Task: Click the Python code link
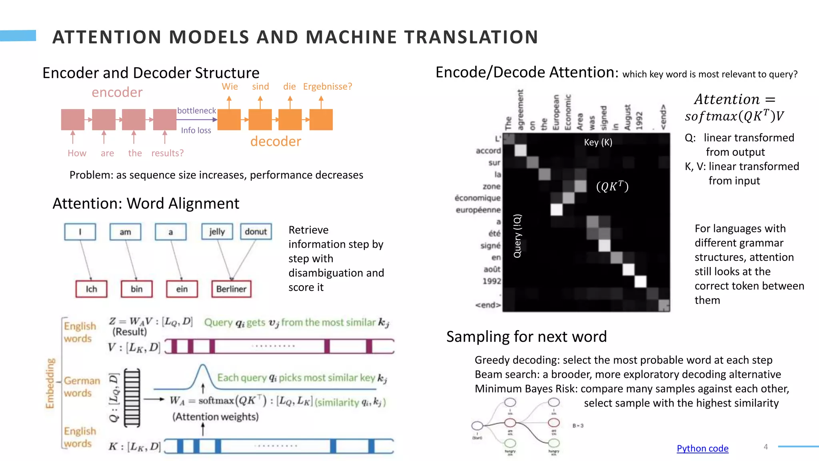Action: (x=702, y=448)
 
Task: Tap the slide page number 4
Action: (x=765, y=447)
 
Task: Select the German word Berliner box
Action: (x=231, y=289)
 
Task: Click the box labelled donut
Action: (x=256, y=232)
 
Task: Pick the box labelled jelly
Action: (x=217, y=232)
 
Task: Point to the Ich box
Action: (x=91, y=289)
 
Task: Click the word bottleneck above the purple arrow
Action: (x=196, y=110)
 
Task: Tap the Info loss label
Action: (x=196, y=130)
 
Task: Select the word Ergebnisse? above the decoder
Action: (x=328, y=86)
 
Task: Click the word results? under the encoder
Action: (x=167, y=153)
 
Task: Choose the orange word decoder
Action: (x=276, y=141)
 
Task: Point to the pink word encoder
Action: (x=117, y=92)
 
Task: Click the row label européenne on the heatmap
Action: (x=478, y=210)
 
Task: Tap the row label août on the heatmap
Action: (x=492, y=269)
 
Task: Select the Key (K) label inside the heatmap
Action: (x=598, y=142)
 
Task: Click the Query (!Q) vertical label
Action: (x=517, y=236)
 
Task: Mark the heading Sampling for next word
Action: (x=526, y=337)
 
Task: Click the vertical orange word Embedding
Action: (x=50, y=383)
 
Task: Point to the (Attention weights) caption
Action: (x=216, y=417)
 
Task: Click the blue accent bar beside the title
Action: (x=18, y=36)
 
